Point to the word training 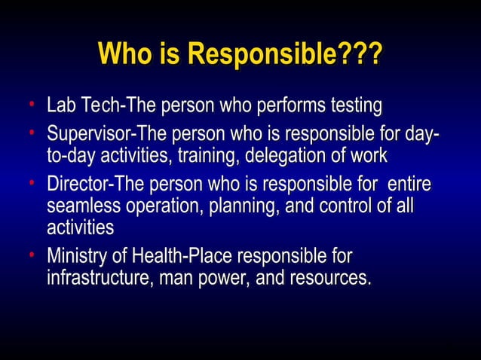point(213,157)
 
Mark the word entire point(413,185)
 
